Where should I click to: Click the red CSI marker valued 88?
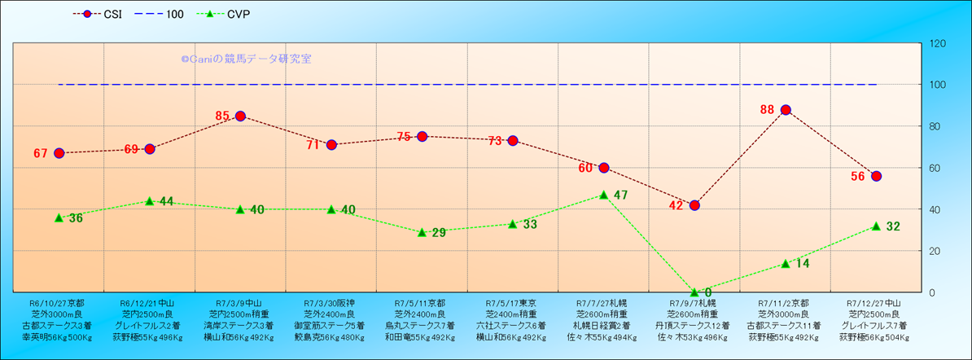[786, 110]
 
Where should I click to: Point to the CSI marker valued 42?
[694, 205]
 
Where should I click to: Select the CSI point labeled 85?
[240, 116]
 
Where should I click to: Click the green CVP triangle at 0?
[694, 292]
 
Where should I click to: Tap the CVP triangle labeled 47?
[603, 195]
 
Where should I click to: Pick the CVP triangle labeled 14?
[786, 263]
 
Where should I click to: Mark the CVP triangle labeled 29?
[422, 232]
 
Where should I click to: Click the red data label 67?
[42, 154]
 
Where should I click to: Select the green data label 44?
[167, 201]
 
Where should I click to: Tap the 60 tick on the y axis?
[937, 168]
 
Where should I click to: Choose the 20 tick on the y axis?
[937, 251]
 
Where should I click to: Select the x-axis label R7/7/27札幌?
[603, 302]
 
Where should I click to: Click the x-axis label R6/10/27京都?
[57, 302]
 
